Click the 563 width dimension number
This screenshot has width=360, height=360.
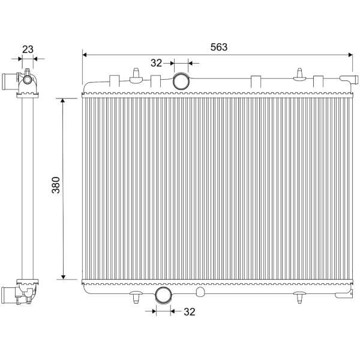[219, 47]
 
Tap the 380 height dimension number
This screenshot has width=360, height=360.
[56, 185]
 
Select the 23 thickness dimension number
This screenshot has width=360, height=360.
[28, 49]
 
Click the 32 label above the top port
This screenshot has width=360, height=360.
[157, 63]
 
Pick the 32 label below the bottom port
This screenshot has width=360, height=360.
[190, 312]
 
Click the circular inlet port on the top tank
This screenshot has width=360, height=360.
[181, 81]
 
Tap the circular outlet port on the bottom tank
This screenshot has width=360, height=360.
[164, 295]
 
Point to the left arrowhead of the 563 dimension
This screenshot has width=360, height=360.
[85, 55]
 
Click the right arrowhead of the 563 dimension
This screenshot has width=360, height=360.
[350, 55]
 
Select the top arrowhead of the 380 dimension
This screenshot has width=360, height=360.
[64, 101]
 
